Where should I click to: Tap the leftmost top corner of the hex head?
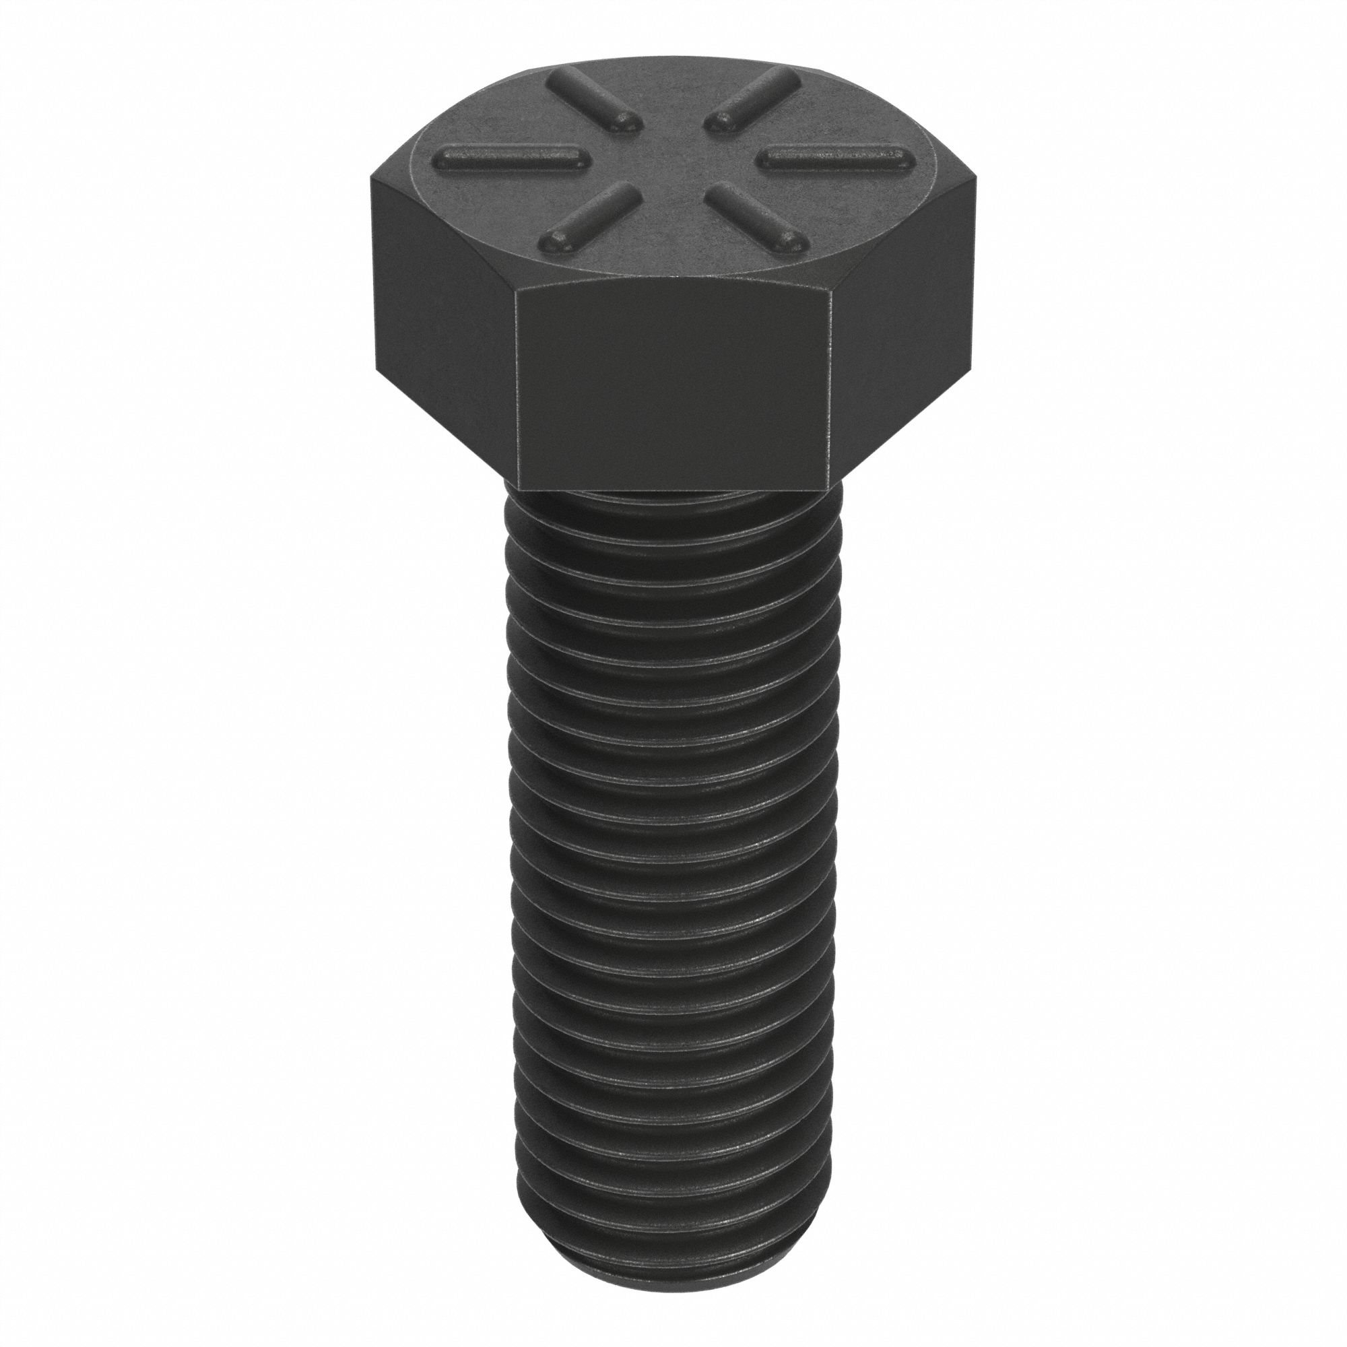tap(372, 176)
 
